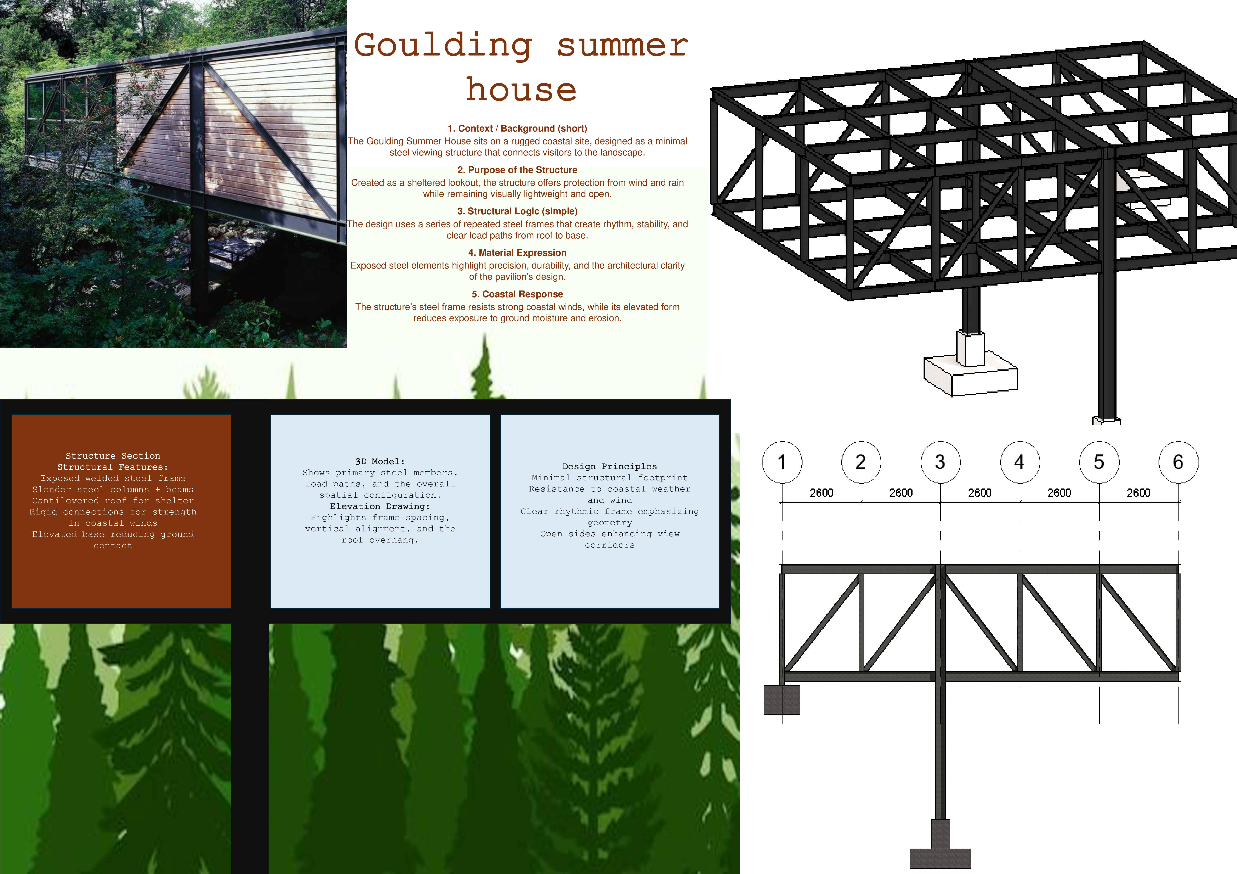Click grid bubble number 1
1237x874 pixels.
782,462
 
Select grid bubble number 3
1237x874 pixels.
940,462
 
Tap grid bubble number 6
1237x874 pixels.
1178,462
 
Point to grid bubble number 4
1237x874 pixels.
1019,462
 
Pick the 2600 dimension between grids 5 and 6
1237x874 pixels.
1138,492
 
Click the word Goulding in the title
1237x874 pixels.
443,46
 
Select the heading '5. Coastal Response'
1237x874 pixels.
517,294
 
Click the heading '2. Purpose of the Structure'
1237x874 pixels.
517,170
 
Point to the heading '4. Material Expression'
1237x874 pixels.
517,253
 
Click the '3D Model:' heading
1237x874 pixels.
380,461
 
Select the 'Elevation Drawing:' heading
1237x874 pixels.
380,506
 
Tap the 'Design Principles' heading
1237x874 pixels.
609,466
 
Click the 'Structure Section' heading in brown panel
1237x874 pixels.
113,456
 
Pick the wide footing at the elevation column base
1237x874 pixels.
940,858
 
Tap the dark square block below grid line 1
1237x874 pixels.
782,700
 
